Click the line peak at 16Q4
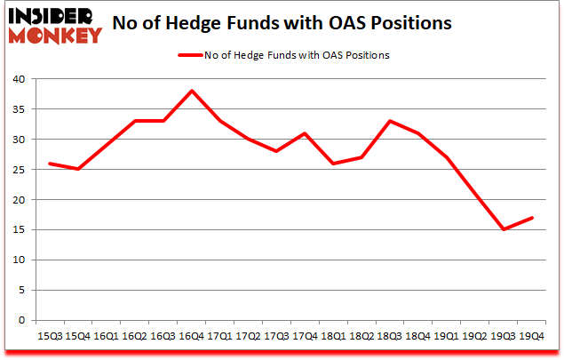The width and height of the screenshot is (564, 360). pos(192,91)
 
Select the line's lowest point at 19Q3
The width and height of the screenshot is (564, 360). pos(504,229)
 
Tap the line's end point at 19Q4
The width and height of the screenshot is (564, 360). pos(532,218)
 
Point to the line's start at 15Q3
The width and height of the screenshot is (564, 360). pos(50,164)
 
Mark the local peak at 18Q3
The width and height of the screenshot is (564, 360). pos(390,121)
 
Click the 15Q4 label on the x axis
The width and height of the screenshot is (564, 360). pos(78,336)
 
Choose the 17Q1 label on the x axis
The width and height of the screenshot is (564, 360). pos(220,336)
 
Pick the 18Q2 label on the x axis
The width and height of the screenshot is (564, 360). pos(361,336)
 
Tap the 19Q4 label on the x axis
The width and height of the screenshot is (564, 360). pos(532,336)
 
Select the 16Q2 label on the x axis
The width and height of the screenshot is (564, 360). pos(135,336)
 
